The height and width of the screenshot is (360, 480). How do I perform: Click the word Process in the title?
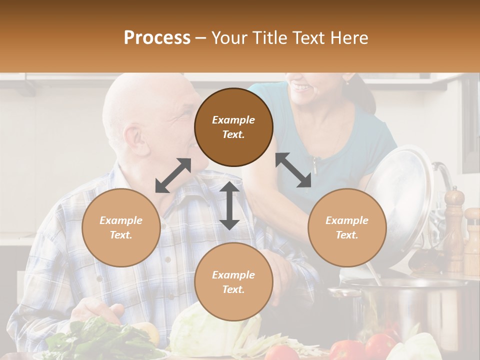click(x=157, y=38)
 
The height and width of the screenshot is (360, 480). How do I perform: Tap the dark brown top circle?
click(x=233, y=127)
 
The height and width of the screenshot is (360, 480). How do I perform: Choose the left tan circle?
click(x=121, y=227)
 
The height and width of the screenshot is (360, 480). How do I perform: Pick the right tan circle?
click(x=346, y=227)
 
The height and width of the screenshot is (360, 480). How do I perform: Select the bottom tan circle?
click(x=233, y=281)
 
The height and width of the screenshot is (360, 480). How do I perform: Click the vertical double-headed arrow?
click(x=229, y=205)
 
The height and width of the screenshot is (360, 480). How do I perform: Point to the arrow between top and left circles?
click(x=173, y=175)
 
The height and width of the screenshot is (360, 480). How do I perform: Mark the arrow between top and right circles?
click(x=293, y=170)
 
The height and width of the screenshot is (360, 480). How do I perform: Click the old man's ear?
click(x=134, y=139)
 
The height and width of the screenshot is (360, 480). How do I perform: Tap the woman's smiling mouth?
click(x=301, y=88)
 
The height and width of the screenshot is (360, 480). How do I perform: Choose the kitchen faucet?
click(x=444, y=180)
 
